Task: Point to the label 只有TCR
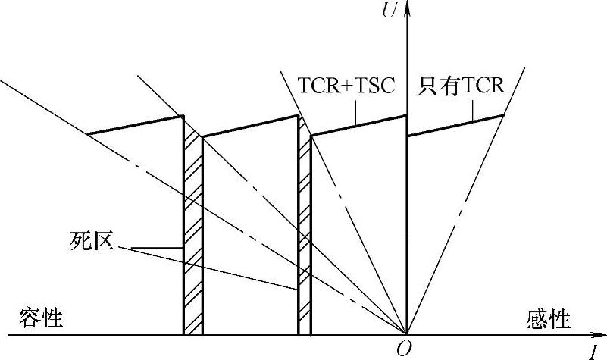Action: (x=462, y=85)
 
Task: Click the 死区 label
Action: (x=86, y=244)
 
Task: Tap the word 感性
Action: (x=547, y=318)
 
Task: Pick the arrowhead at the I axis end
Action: (x=598, y=334)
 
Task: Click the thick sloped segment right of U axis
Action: (x=455, y=126)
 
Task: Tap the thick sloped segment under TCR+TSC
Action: (x=358, y=126)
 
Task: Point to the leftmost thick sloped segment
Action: (x=135, y=125)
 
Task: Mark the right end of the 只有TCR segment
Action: (x=504, y=115)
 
